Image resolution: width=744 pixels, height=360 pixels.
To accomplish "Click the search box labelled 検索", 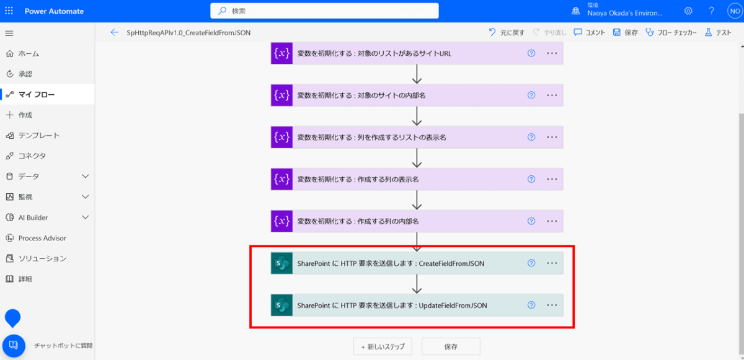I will [324, 11].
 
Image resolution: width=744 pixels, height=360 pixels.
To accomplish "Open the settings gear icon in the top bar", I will [688, 11].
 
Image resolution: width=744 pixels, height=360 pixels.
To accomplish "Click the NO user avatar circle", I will [733, 11].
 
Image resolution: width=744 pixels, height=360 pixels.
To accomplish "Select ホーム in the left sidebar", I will [29, 54].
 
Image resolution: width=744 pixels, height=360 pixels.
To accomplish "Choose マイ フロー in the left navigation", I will [36, 94].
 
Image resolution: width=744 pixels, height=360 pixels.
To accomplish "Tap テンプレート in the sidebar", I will [38, 135].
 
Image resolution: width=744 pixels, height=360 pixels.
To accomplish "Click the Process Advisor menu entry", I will [42, 238].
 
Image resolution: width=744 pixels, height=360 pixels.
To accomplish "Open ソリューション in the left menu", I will [42, 258].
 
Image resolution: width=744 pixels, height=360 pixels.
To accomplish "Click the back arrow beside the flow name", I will [114, 33].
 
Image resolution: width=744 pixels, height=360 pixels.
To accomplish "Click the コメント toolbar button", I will [589, 33].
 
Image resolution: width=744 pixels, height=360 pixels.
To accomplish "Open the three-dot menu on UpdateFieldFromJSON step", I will [552, 305].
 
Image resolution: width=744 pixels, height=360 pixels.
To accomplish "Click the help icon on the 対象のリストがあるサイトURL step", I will [531, 53].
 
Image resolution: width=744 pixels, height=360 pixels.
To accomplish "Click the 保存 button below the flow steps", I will [451, 346].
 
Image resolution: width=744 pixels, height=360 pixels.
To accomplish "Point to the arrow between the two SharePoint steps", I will [417, 284].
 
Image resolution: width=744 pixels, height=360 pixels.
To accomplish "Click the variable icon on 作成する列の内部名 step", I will [281, 221].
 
